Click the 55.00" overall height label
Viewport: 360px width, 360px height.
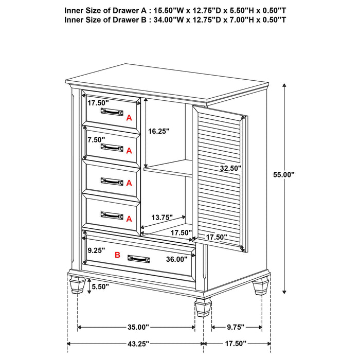(284, 174)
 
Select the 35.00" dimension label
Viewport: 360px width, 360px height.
(136, 327)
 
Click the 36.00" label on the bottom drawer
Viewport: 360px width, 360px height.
(177, 259)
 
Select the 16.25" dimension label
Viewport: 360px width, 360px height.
(158, 131)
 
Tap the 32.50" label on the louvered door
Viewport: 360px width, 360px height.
(230, 168)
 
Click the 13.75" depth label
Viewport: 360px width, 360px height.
(161, 218)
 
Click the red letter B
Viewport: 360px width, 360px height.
(117, 255)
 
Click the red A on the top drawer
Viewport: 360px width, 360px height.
(129, 117)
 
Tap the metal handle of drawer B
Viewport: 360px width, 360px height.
(139, 259)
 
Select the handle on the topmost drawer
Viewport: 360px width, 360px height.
(112, 111)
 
